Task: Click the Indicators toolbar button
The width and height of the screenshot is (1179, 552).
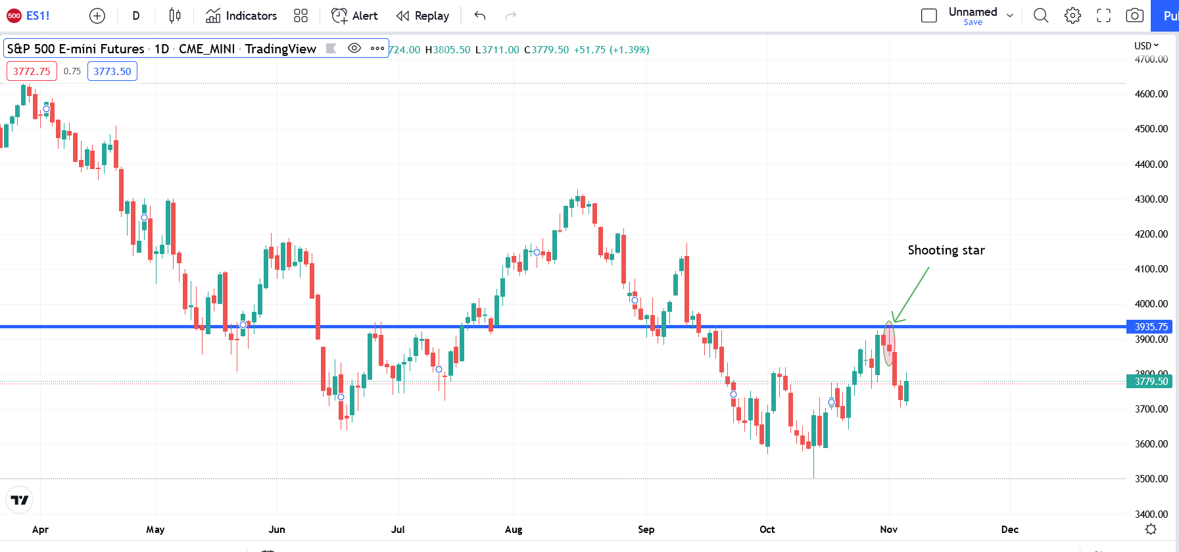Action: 241,16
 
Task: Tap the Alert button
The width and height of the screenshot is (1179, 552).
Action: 354,16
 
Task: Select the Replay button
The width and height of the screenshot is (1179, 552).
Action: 423,16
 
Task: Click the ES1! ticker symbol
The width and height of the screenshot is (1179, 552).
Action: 37,16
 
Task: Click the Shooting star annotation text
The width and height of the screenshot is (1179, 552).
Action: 946,250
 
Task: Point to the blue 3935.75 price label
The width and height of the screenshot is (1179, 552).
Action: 1151,327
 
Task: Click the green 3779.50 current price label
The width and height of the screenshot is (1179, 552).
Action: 1151,382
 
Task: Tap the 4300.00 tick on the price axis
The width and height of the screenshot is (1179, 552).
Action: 1151,199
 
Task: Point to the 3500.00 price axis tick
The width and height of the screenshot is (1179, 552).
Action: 1151,479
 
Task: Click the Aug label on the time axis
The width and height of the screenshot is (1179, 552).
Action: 514,530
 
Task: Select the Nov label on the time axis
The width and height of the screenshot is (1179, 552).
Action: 888,530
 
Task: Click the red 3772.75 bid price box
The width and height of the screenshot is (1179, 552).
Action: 32,71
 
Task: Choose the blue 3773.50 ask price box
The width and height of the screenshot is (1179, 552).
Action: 112,71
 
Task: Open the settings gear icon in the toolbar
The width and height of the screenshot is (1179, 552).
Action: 1072,16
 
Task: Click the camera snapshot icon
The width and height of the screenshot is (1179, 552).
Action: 1134,16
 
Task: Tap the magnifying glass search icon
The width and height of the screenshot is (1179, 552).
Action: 1041,16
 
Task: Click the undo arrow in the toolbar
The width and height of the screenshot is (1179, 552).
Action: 480,16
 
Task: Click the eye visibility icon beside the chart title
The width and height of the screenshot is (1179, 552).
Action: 354,48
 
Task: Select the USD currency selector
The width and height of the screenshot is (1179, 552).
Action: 1146,46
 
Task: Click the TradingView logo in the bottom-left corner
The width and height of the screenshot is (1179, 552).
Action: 20,500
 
